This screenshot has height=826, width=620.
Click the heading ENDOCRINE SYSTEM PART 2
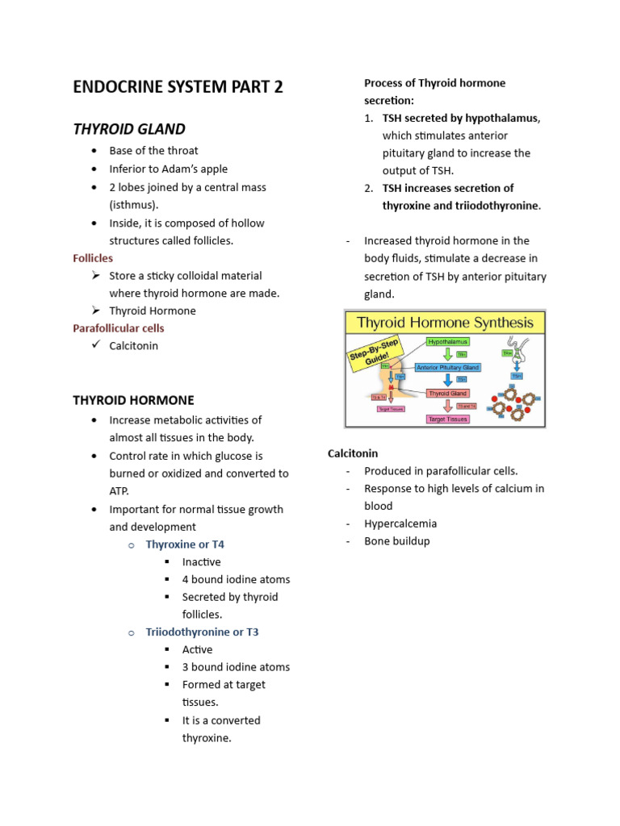[x=178, y=87]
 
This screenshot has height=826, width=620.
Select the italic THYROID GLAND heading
[x=129, y=129]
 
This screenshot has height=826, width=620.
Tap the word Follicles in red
[x=93, y=258]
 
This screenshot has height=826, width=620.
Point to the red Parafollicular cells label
[x=118, y=328]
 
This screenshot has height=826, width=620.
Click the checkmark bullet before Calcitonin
[x=94, y=345]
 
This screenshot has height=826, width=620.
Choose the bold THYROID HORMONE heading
[x=133, y=400]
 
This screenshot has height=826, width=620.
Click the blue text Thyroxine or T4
[x=185, y=544]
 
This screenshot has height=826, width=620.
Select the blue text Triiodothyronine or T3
[x=202, y=632]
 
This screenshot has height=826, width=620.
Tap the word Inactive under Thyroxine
[x=201, y=562]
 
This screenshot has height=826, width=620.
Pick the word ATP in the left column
[x=119, y=491]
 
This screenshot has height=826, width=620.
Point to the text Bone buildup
[x=396, y=541]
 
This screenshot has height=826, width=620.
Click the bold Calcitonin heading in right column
[x=353, y=453]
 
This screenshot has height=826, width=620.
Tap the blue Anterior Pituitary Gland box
[x=447, y=367]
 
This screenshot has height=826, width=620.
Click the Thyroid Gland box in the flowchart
[x=447, y=393]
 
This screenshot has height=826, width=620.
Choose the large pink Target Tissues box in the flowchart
[x=447, y=419]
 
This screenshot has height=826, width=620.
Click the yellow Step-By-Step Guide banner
[x=373, y=349]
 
